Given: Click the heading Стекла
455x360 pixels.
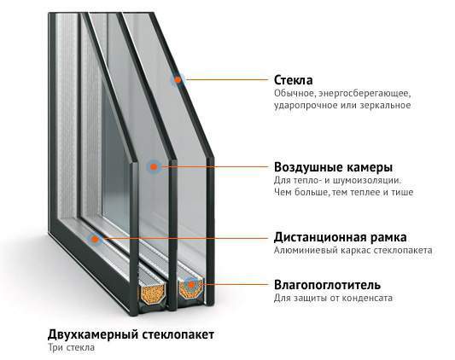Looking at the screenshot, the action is [x=294, y=80].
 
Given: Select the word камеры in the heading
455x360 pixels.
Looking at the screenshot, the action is [x=370, y=168].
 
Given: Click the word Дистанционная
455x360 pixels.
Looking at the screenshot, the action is [x=320, y=238].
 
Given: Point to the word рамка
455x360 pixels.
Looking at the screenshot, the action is [x=388, y=238].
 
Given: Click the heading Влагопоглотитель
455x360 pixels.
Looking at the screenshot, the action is [x=327, y=285].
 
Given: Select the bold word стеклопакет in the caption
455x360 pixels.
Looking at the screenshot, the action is [x=178, y=334].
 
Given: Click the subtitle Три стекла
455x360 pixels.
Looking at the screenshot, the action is [x=72, y=347].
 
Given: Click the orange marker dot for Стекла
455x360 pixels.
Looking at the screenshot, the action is [x=178, y=79].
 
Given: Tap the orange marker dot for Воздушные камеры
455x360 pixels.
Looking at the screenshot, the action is [x=154, y=167].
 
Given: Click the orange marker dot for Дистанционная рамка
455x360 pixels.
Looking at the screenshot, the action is [x=95, y=239].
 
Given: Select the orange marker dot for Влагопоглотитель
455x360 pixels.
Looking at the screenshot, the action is [x=191, y=284].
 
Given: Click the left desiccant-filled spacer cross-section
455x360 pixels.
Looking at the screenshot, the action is [x=153, y=293].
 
